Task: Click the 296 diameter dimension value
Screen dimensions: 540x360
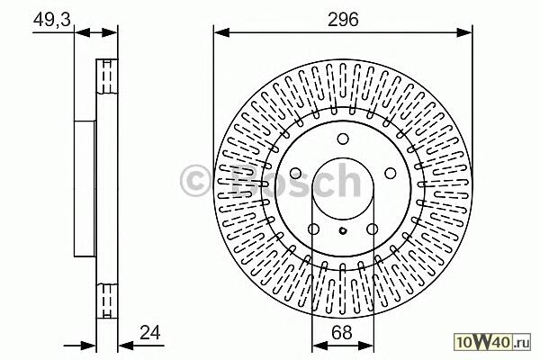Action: click(343, 19)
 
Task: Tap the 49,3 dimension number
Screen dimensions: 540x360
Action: click(52, 19)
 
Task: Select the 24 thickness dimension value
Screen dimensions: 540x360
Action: click(150, 333)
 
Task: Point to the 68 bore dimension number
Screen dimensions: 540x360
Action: click(342, 333)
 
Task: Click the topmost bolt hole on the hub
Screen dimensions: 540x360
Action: click(343, 139)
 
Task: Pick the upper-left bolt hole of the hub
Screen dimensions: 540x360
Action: click(295, 174)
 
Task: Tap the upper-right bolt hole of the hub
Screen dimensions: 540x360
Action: click(391, 174)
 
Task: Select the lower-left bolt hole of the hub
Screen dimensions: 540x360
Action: click(313, 229)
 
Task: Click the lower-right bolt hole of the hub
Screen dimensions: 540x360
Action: click(373, 229)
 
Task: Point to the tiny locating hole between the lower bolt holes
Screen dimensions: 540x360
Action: click(343, 230)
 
